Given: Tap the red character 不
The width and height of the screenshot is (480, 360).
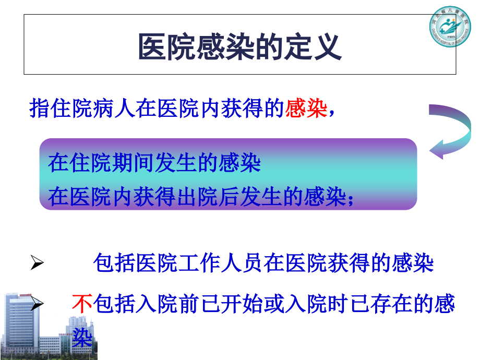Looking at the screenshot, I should click(81, 303).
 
